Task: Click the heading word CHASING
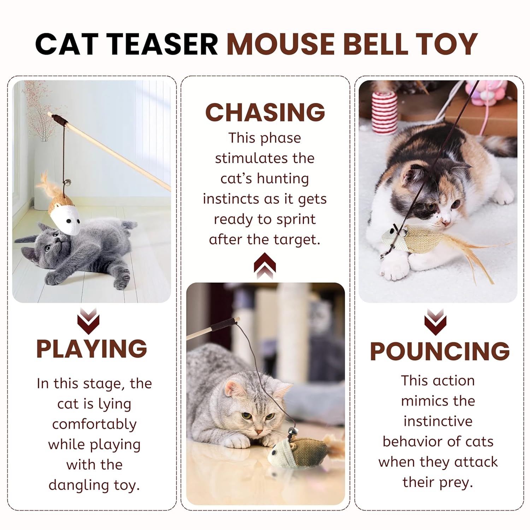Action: click(265, 112)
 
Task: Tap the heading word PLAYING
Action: click(92, 349)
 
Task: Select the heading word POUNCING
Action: click(440, 351)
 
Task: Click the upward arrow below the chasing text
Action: click(265, 266)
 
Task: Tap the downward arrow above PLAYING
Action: click(88, 321)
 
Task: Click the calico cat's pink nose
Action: click(446, 223)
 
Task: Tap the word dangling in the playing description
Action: click(78, 486)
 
